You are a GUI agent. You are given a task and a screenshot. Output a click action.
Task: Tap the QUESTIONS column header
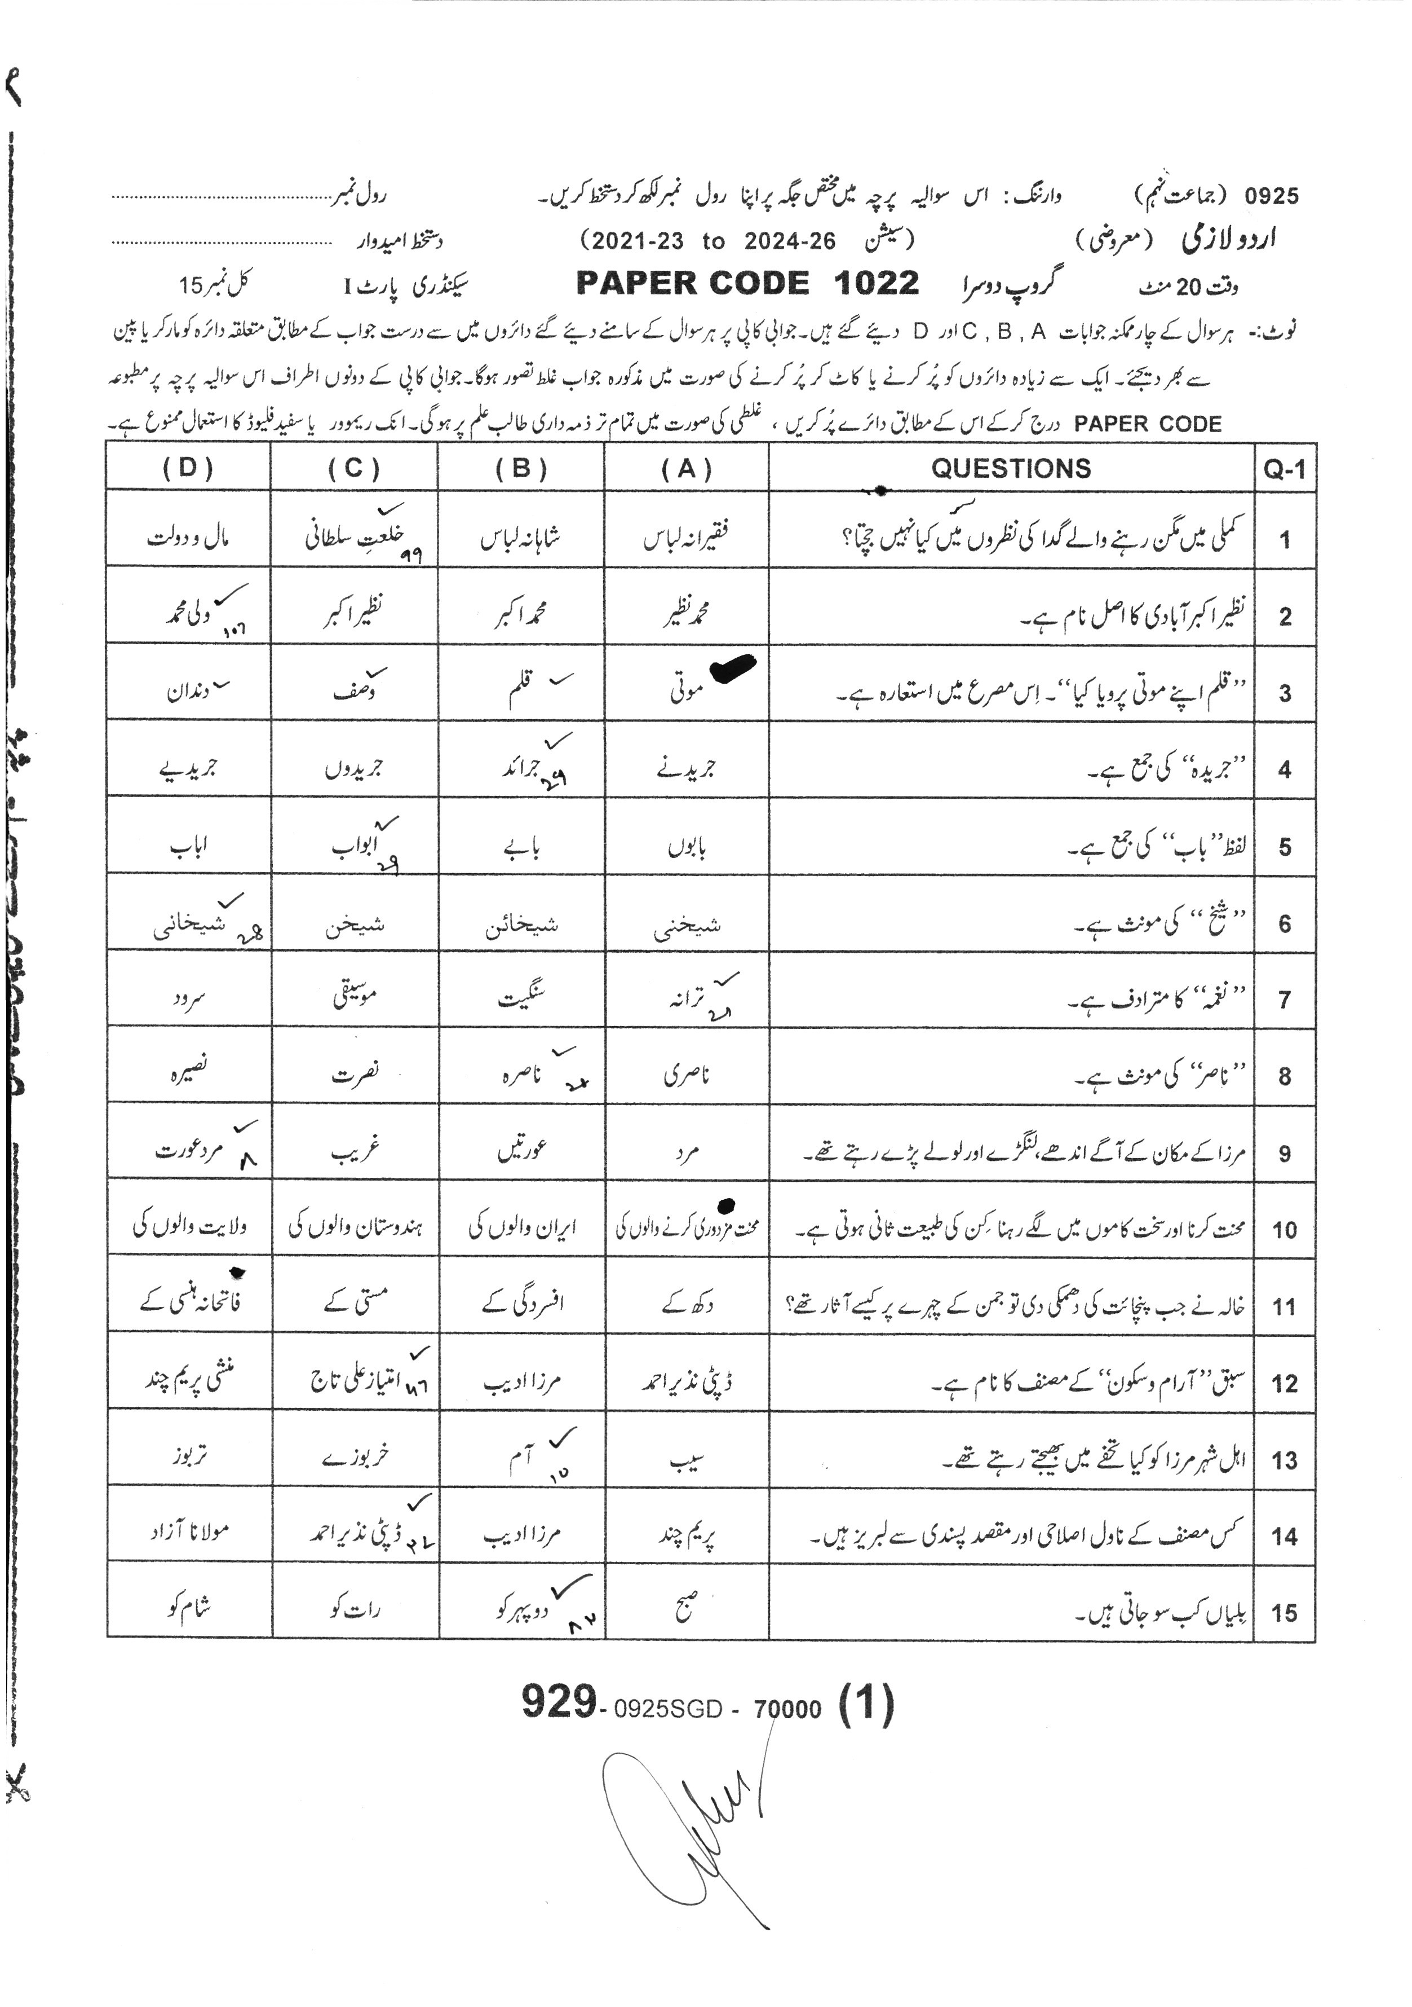click(1010, 469)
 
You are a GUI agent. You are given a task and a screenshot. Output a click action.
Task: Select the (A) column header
click(686, 469)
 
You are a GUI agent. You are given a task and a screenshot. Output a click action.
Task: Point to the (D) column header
click(188, 469)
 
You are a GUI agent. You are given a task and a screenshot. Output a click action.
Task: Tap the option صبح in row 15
click(686, 1607)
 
